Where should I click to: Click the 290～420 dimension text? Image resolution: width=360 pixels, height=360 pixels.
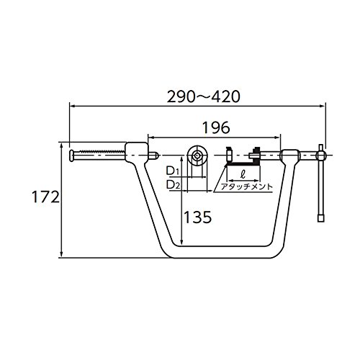203,96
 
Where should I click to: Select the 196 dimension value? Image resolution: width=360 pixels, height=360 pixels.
216,127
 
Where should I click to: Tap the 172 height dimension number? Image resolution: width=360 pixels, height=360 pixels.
45,197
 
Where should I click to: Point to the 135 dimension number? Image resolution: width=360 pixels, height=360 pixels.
197,217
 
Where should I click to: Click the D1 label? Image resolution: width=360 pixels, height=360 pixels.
173,171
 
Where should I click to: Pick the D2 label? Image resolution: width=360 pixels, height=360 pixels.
173,184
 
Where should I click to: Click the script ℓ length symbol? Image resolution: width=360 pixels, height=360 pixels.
243,174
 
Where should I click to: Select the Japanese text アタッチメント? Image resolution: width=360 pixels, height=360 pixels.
247,186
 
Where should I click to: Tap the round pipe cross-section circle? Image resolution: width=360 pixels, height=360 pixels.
197,156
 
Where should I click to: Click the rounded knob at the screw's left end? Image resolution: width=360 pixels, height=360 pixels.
71,156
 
